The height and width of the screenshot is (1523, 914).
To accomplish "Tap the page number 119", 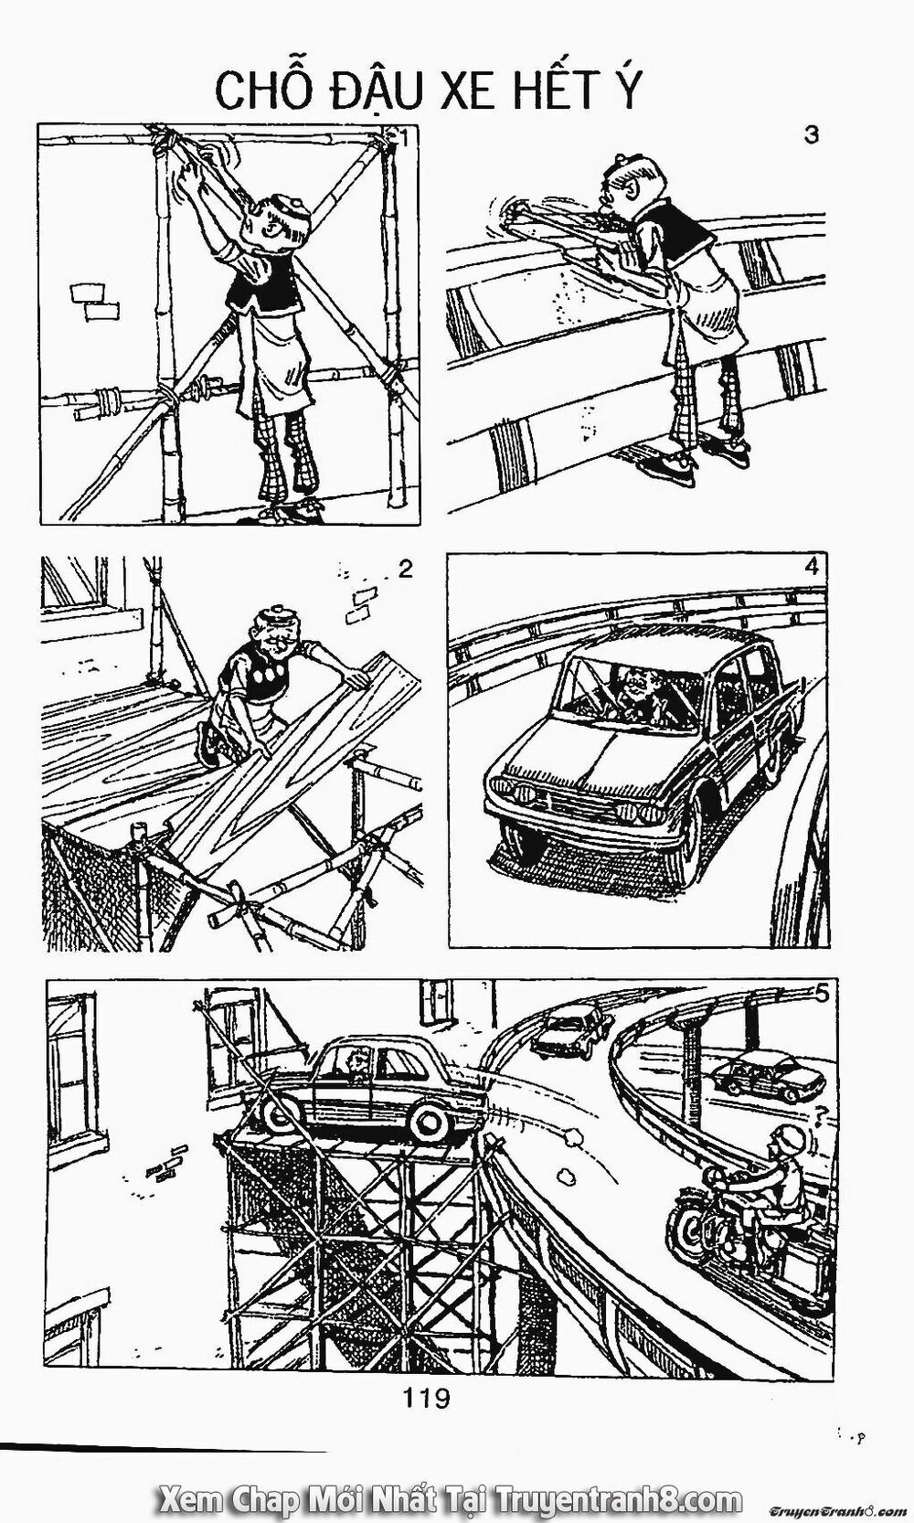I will [x=425, y=1397].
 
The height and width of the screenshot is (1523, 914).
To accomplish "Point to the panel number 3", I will [x=810, y=134].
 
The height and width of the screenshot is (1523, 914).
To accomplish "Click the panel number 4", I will [x=810, y=566].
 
